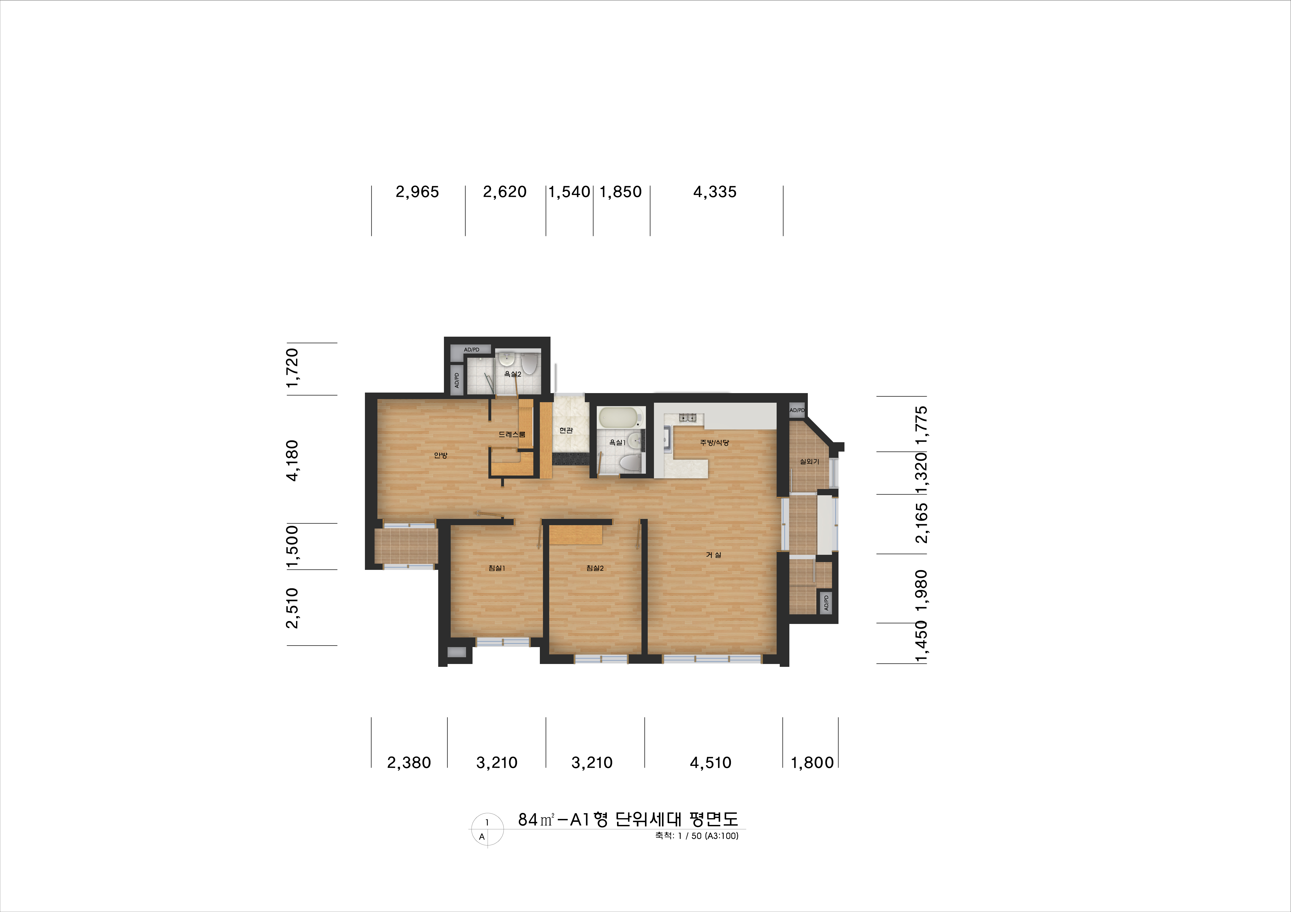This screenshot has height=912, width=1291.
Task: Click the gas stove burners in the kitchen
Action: pyautogui.click(x=687, y=417)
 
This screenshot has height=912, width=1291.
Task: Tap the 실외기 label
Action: pyautogui.click(x=809, y=462)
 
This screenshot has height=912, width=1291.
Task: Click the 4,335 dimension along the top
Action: pyautogui.click(x=715, y=192)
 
